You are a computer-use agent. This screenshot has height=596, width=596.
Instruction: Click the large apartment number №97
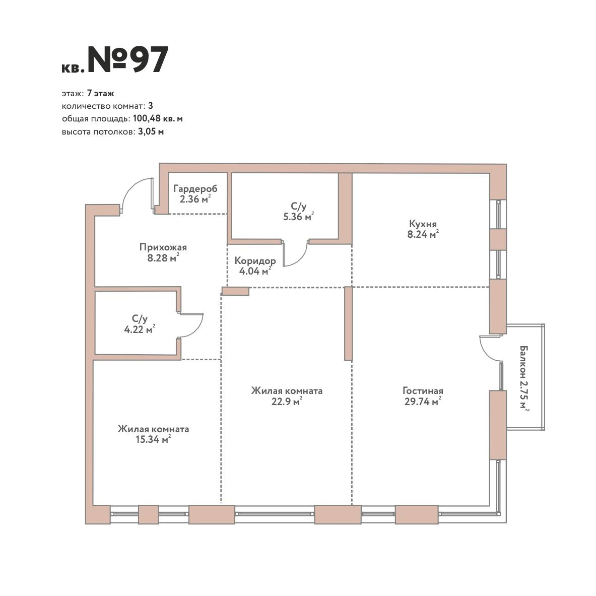[x=128, y=59]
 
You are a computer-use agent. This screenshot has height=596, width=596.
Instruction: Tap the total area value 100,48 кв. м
[x=158, y=118]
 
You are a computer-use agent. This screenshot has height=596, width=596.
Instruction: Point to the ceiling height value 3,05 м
[x=151, y=132]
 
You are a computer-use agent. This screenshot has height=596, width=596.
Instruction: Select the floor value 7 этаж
[x=100, y=94]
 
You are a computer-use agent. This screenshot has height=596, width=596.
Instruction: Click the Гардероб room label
[x=195, y=188]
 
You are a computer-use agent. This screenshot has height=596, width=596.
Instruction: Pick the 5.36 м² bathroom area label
[x=298, y=217]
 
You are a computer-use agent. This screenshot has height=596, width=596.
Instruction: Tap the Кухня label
[x=423, y=224]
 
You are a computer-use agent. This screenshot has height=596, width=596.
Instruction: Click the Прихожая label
[x=163, y=247]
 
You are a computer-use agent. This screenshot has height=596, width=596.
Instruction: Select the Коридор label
[x=255, y=261]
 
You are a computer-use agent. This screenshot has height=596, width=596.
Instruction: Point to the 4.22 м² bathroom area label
[x=140, y=329]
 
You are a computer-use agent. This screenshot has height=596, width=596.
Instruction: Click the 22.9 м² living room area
[x=287, y=402]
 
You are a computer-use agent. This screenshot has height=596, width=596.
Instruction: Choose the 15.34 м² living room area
[x=153, y=440]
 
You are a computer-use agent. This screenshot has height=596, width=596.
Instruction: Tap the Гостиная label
[x=423, y=391]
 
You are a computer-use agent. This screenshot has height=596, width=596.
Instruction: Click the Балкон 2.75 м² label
[x=524, y=377]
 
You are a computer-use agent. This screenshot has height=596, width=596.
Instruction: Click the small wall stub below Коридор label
[x=235, y=291]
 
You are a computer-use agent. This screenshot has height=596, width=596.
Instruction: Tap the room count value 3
[x=151, y=106]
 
